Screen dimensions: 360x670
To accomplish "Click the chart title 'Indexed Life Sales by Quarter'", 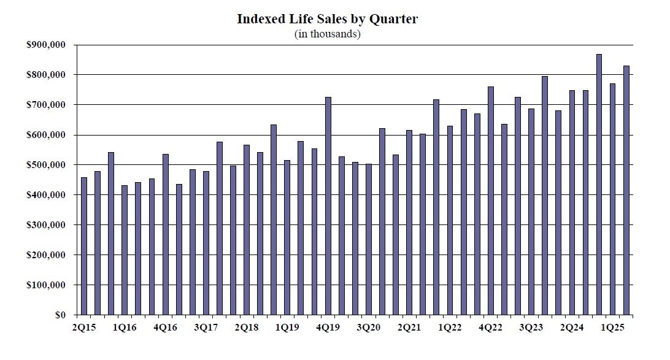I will pyautogui.click(x=328, y=19).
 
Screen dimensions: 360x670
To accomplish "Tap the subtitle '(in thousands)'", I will pyautogui.click(x=328, y=34).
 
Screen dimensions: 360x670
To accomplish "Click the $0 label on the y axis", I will pyautogui.click(x=60, y=315).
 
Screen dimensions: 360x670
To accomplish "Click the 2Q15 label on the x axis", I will pyautogui.click(x=84, y=328).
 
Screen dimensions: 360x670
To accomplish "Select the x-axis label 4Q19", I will pyautogui.click(x=328, y=328).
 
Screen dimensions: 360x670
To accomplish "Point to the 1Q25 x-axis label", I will pyautogui.click(x=612, y=328).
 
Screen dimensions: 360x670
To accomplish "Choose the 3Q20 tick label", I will pyautogui.click(x=369, y=328).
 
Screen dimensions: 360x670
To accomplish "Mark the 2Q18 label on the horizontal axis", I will pyautogui.click(x=247, y=328).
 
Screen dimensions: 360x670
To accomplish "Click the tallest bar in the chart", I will pyautogui.click(x=599, y=185).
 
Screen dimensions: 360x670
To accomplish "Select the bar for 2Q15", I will pyautogui.click(x=84, y=246).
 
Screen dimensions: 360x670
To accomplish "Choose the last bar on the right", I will pyautogui.click(x=626, y=190).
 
